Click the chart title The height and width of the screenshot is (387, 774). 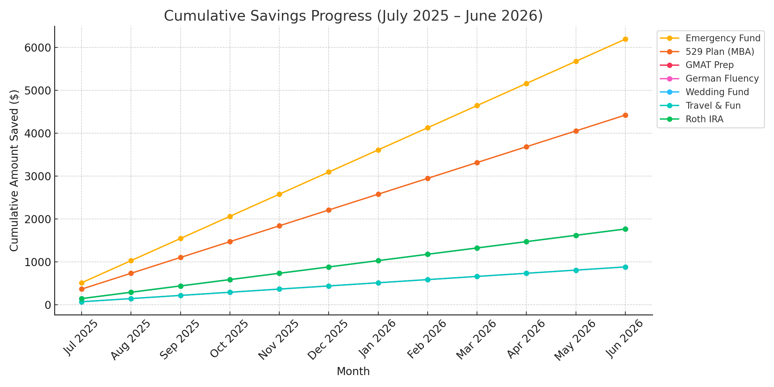pyautogui.click(x=353, y=16)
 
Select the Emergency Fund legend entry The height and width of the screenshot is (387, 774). pyautogui.click(x=723, y=38)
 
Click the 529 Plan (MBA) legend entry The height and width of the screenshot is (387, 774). pyautogui.click(x=719, y=52)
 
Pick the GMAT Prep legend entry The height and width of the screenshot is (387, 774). pyautogui.click(x=709, y=65)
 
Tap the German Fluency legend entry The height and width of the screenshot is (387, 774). pyautogui.click(x=722, y=79)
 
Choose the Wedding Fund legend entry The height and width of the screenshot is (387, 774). pyautogui.click(x=717, y=92)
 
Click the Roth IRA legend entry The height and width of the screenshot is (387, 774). pyautogui.click(x=704, y=119)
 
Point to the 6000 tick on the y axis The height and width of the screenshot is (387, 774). pyautogui.click(x=37, y=48)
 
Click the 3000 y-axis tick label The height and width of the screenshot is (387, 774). pyautogui.click(x=37, y=176)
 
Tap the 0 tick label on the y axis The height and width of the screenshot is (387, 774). pyautogui.click(x=48, y=305)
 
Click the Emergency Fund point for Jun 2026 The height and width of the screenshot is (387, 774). pyautogui.click(x=625, y=39)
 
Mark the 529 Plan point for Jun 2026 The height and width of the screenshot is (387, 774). pyautogui.click(x=625, y=115)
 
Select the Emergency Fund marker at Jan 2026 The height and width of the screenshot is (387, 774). pyautogui.click(x=378, y=150)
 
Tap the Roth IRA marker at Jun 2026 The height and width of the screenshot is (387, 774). pyautogui.click(x=625, y=229)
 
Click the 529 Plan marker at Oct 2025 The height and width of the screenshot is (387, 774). pyautogui.click(x=230, y=242)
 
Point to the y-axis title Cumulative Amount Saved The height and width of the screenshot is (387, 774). pyautogui.click(x=14, y=170)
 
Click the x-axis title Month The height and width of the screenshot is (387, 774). pyautogui.click(x=353, y=372)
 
